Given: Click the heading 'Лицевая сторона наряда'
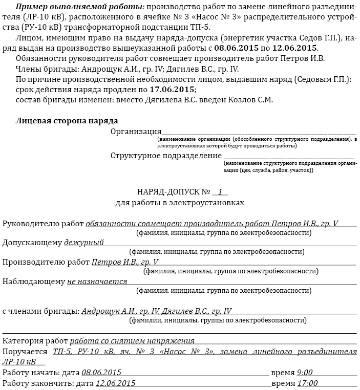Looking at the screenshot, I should pyautogui.click(x=67, y=121).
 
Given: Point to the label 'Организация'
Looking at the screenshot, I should pyautogui.click(x=136, y=132).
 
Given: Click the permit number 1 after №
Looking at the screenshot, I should pyautogui.click(x=220, y=192).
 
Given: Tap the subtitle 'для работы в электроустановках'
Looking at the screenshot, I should pyautogui.click(x=180, y=203).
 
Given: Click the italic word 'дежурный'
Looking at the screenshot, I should pyautogui.click(x=83, y=243).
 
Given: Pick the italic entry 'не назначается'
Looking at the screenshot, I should pyautogui.click(x=97, y=281).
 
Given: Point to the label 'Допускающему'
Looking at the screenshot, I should pyautogui.click(x=32, y=243).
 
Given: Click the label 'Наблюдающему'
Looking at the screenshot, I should pyautogui.click(x=34, y=281).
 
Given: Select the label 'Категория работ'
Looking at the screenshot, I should pyautogui.click(x=35, y=341).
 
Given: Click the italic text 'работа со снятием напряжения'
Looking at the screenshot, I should pyautogui.click(x=132, y=341).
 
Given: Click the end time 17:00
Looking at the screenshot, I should pyautogui.click(x=307, y=383).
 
